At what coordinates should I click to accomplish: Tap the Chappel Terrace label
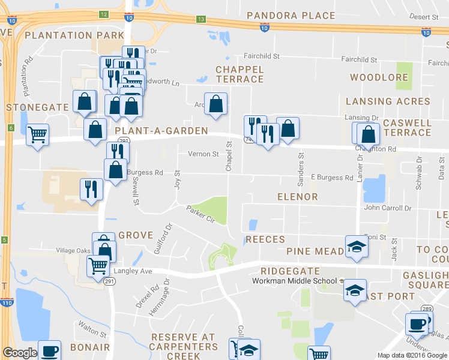(x=240, y=74)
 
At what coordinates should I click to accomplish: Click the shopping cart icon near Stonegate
(x=38, y=134)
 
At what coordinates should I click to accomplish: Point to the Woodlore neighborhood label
(x=379, y=77)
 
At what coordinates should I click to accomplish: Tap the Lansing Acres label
(x=388, y=101)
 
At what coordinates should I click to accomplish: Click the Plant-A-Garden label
(x=161, y=130)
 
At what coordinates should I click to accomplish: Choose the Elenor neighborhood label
(x=297, y=196)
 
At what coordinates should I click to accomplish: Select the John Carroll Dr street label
(x=388, y=208)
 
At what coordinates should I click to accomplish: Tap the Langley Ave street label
(x=138, y=271)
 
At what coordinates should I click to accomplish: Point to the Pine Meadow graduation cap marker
(x=357, y=246)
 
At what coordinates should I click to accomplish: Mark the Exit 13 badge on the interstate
(x=200, y=19)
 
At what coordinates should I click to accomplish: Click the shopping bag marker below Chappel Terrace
(x=215, y=104)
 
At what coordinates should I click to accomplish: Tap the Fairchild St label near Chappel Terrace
(x=261, y=56)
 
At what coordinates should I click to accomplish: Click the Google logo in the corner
(x=20, y=353)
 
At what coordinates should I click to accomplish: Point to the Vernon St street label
(x=203, y=154)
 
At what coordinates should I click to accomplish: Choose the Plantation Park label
(x=74, y=35)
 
